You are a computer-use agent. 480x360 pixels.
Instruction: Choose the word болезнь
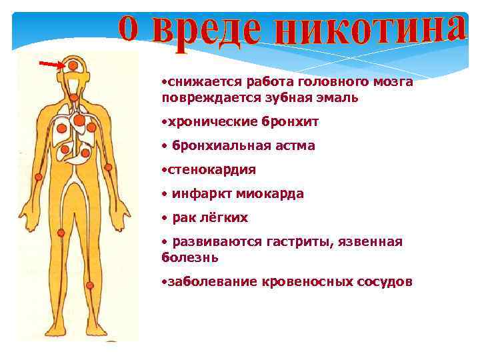point(189,257)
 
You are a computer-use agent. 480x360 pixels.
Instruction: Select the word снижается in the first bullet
point(206,82)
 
